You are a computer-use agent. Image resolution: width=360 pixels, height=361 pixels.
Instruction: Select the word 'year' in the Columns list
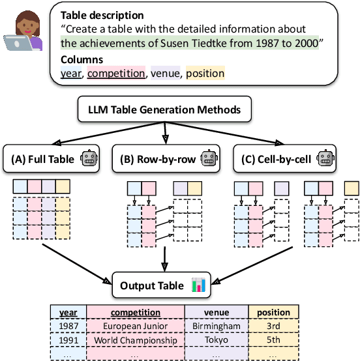pos(71,74)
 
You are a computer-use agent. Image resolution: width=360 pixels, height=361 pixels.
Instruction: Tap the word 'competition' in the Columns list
pos(116,74)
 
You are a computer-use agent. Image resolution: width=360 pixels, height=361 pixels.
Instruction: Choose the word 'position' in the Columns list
pos(205,74)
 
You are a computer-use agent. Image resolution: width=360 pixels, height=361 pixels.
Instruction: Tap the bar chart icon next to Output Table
pos(198,285)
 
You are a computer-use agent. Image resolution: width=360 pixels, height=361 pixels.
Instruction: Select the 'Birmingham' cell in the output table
pos(215,326)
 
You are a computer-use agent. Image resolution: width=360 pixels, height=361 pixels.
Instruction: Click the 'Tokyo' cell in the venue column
pos(215,339)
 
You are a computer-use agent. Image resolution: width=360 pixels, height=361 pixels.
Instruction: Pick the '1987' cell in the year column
pos(68,326)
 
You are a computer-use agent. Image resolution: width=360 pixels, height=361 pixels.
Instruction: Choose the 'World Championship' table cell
pos(135,339)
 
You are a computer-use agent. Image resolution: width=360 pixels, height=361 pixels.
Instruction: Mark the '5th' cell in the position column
pos(273,339)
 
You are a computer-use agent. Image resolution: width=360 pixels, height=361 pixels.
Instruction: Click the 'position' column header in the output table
pos(273,312)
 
